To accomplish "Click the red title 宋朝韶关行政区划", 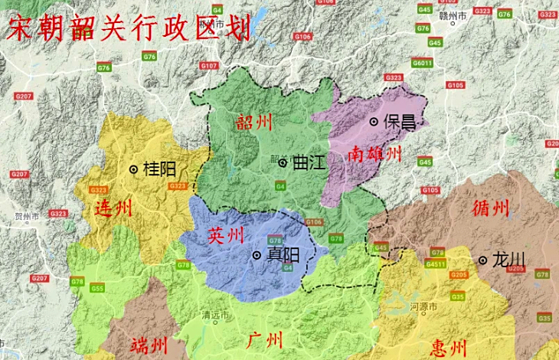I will click(127, 28).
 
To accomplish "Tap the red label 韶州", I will click(254, 122).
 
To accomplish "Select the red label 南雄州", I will click(374, 154).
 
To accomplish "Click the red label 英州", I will click(225, 235).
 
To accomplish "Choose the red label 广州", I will click(265, 339).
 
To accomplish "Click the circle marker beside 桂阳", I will click(134, 169).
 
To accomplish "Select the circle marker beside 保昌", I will click(374, 121).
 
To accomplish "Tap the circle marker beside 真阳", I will click(257, 255).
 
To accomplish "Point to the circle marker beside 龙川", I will click(483, 260).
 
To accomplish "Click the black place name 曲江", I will click(309, 162).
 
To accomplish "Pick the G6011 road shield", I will click(422, 63).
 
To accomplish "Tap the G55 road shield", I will click(97, 288).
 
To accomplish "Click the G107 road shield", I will click(209, 66).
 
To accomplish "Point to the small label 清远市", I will click(215, 315).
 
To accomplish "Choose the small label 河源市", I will click(423, 306).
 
